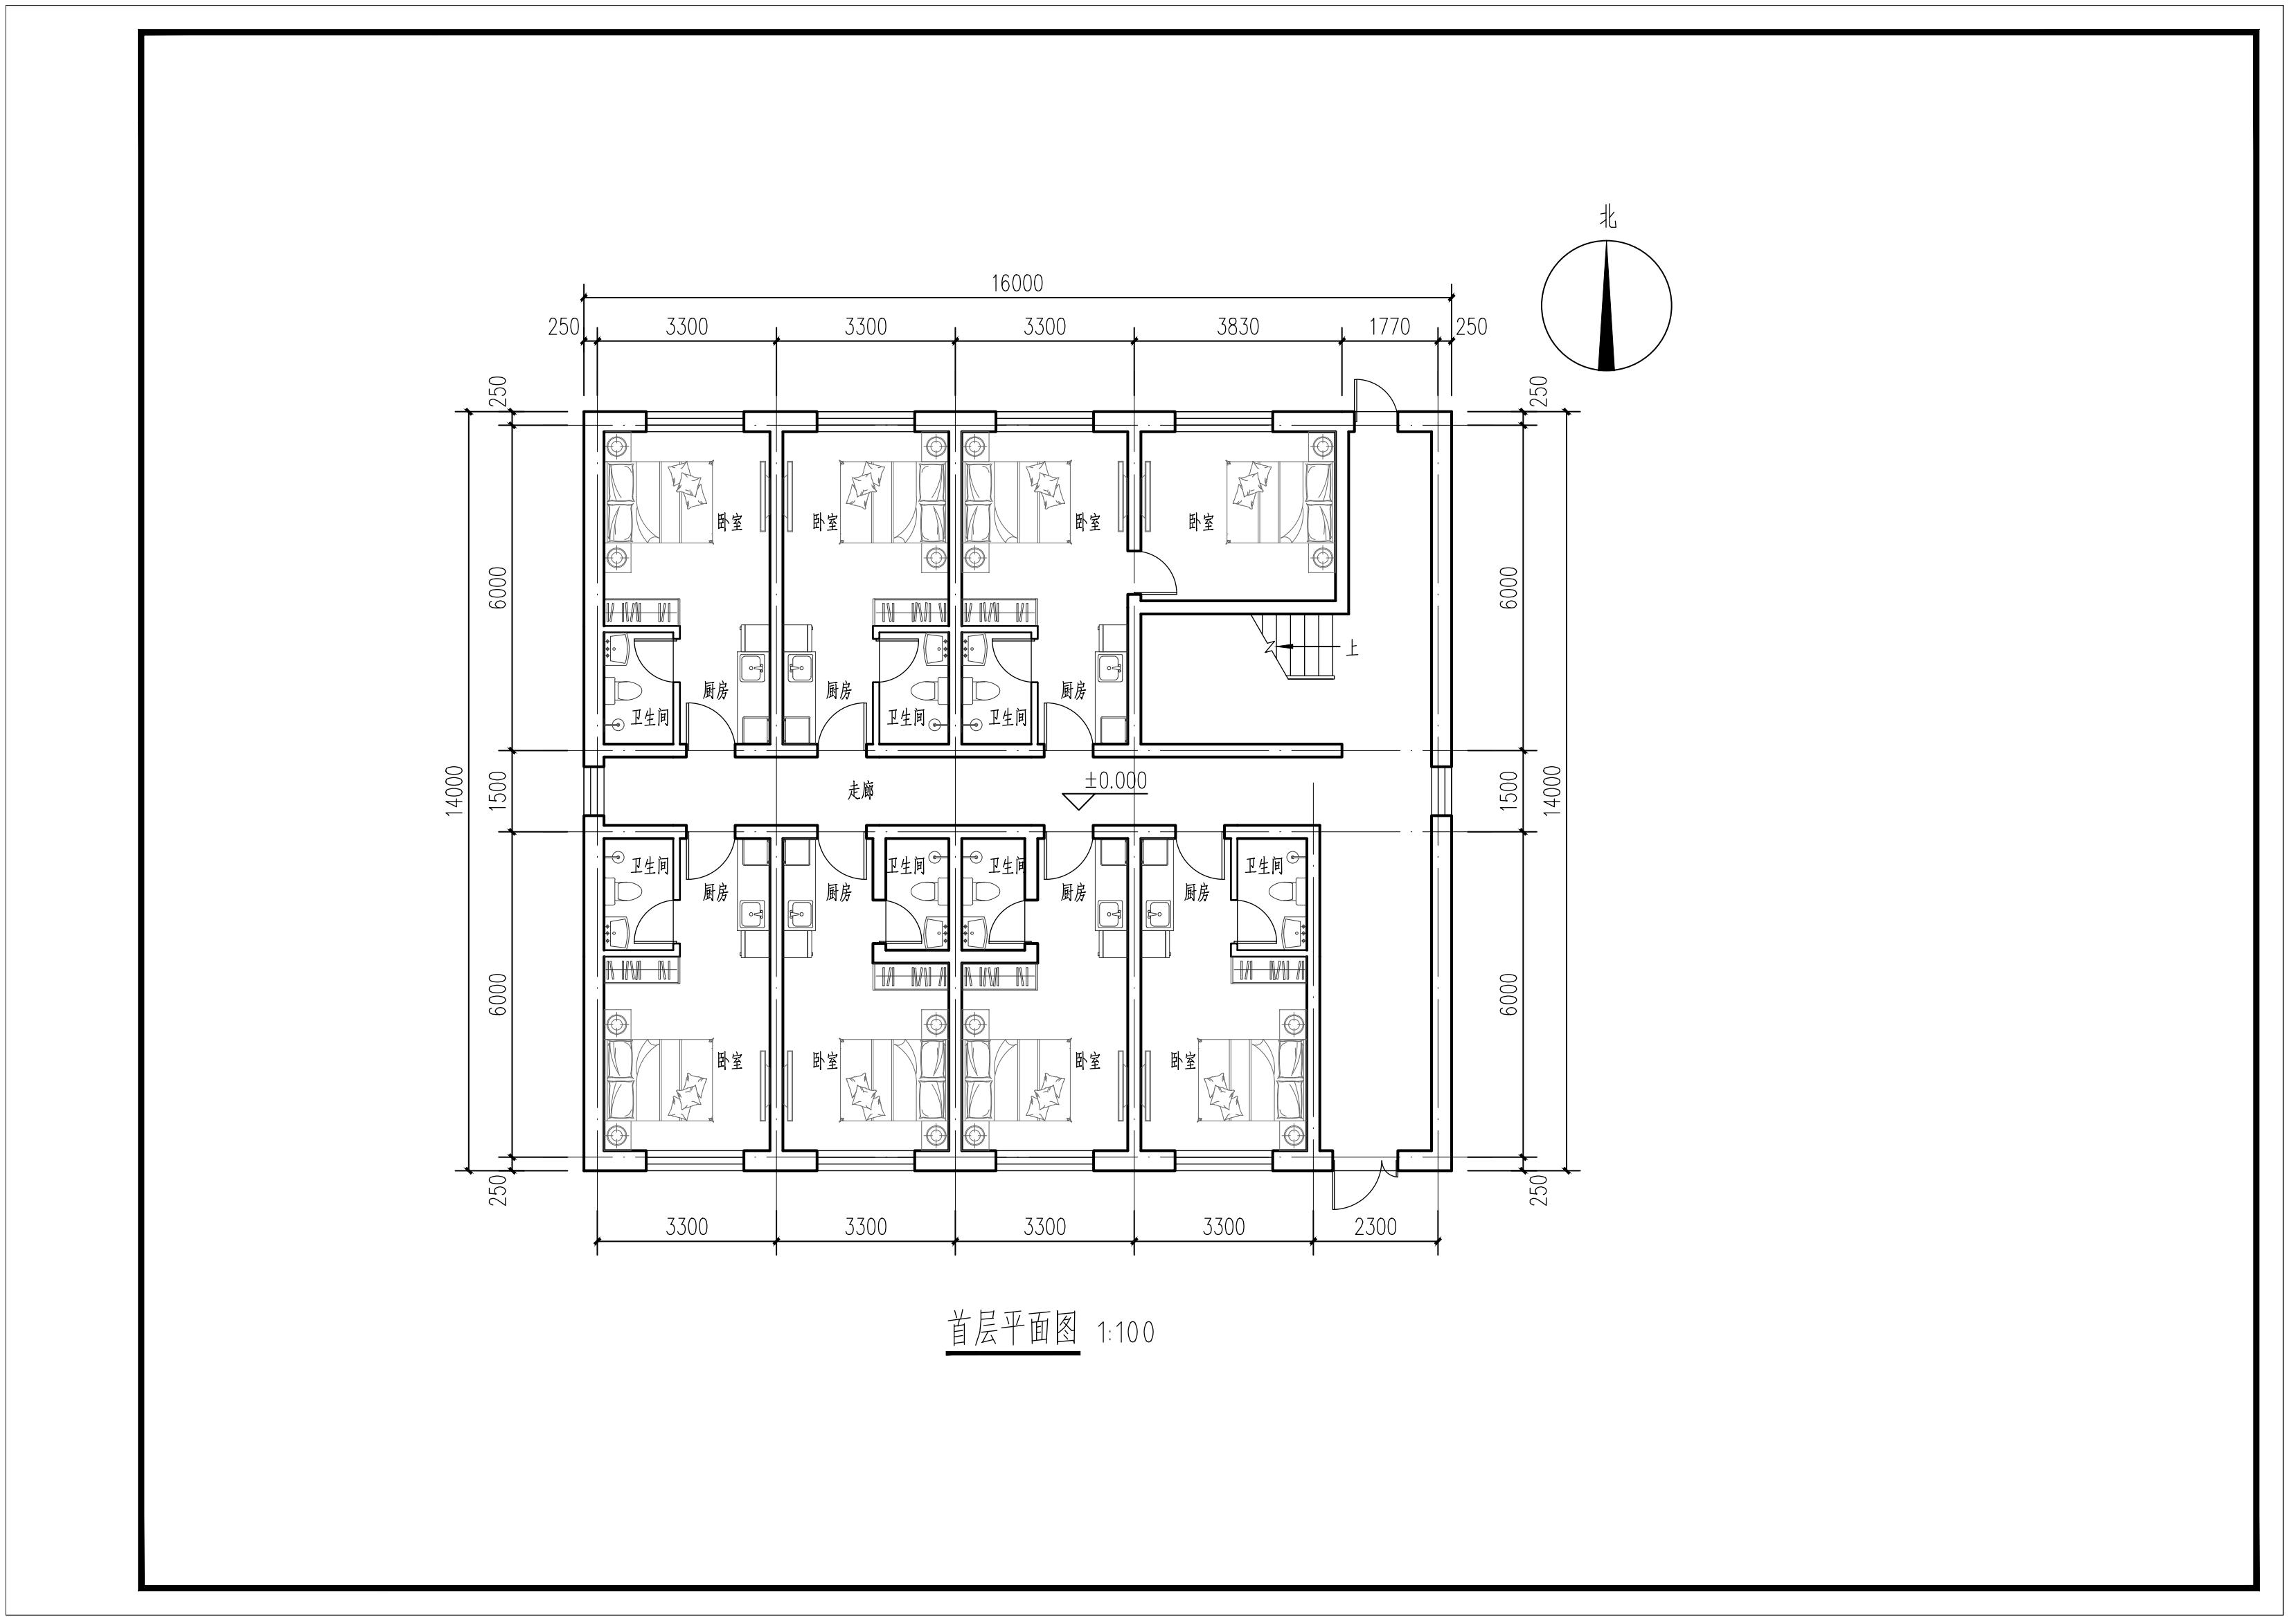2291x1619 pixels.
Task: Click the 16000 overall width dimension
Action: tap(1017, 283)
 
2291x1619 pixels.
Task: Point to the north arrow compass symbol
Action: tap(1607, 305)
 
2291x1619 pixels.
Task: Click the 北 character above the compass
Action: tap(1607, 217)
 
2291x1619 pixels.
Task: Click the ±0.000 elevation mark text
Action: tap(1116, 780)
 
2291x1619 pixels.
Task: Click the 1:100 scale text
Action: tap(1125, 1332)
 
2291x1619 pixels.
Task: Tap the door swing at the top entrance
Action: tap(1375, 399)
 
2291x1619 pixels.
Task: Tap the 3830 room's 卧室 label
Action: tap(1202, 522)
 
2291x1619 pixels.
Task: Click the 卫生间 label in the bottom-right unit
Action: tap(1263, 866)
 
